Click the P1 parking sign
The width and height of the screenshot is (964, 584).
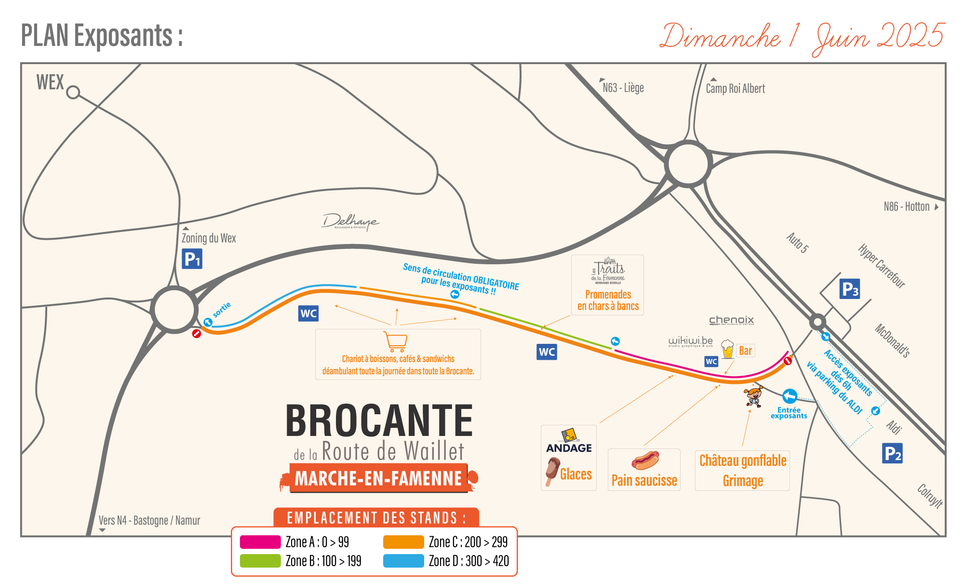point(192,259)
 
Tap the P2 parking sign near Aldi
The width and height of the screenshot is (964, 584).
point(892,453)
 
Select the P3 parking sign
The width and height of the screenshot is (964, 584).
point(849,289)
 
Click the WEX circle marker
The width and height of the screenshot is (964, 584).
point(73,92)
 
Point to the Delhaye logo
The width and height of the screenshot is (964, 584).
point(350,222)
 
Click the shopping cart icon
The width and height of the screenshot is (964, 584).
point(396,341)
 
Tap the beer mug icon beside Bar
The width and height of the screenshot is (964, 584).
point(727,349)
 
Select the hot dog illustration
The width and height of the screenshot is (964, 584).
point(645,460)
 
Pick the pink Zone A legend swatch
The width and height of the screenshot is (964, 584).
point(260,542)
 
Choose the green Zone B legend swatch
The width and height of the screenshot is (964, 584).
point(260,561)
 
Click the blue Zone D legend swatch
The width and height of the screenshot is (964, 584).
point(403,561)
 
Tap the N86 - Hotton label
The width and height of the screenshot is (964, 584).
point(907,207)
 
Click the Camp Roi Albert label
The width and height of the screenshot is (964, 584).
point(735,89)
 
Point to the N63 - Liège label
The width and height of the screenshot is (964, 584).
point(623,88)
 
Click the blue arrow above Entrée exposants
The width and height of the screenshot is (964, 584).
point(790,396)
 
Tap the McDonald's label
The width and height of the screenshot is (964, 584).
point(892,340)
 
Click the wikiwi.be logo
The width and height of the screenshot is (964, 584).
point(690,341)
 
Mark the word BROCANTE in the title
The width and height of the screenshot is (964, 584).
point(379,421)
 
